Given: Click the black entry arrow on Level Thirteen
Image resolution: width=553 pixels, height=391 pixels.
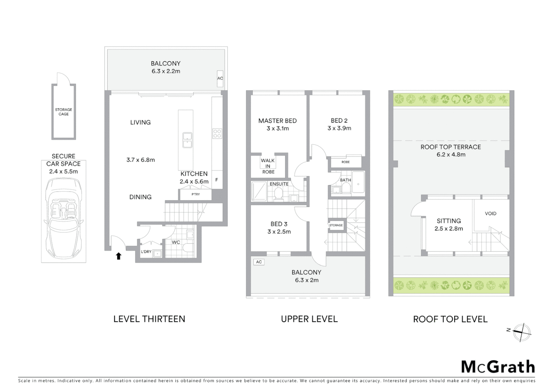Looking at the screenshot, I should pyautogui.click(x=118, y=256).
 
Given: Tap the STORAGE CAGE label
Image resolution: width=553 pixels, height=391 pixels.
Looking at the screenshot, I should pyautogui.click(x=64, y=112).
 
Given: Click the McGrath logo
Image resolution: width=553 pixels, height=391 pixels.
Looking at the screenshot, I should pyautogui.click(x=498, y=367).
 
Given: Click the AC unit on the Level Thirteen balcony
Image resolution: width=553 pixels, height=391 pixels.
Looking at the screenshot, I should pyautogui.click(x=220, y=79).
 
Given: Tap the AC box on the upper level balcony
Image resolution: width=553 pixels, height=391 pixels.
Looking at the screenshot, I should pyautogui.click(x=259, y=262).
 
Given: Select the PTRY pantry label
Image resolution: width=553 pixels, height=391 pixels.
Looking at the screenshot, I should pyautogui.click(x=195, y=194).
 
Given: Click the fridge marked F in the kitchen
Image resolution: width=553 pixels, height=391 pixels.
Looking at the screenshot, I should pyautogui.click(x=217, y=180).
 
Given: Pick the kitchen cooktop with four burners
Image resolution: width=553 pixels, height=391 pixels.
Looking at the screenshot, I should pyautogui.click(x=217, y=134).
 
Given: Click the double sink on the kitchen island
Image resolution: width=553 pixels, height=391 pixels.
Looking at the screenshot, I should pyautogui.click(x=187, y=140).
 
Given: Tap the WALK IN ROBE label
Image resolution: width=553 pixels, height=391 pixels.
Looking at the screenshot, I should pyautogui.click(x=268, y=166).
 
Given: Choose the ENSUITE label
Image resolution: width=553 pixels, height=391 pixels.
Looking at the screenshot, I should pyautogui.click(x=279, y=184).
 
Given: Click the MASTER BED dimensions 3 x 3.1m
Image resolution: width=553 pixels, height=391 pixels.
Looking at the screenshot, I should pyautogui.click(x=278, y=129).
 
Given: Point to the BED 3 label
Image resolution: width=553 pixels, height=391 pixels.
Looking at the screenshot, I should pyautogui.click(x=279, y=224).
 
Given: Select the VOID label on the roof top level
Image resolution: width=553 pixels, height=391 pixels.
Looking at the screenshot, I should pyautogui.click(x=490, y=214).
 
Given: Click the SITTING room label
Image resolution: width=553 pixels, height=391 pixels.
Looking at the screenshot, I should pyautogui.click(x=449, y=221).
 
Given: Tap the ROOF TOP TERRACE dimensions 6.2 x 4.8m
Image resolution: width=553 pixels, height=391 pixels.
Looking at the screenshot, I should pyautogui.click(x=451, y=155).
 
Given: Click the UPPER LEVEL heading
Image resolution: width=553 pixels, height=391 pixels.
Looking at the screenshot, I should pyautogui.click(x=309, y=319).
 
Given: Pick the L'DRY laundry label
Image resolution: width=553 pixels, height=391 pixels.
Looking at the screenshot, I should pyautogui.click(x=146, y=252).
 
